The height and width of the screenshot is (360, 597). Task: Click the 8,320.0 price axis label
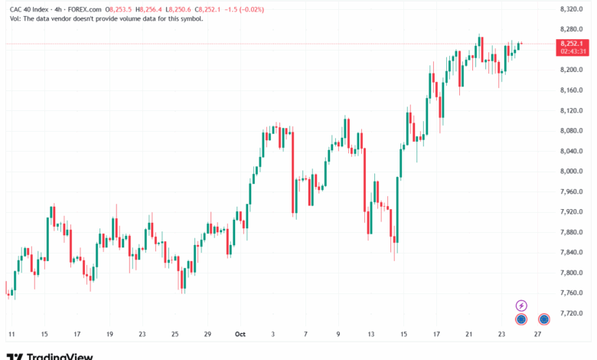click(x=572, y=9)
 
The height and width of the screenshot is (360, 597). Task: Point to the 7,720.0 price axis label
click(x=572, y=313)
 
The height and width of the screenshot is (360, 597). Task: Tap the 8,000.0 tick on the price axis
click(x=572, y=172)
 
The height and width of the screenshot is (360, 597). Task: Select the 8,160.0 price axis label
click(x=572, y=90)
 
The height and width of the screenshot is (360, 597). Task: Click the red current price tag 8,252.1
click(x=572, y=44)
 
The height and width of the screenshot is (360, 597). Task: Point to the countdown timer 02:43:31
click(x=573, y=51)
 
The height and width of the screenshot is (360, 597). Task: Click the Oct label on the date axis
click(x=240, y=334)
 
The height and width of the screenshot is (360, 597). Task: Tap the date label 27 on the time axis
click(x=537, y=334)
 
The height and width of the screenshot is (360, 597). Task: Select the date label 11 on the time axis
click(x=11, y=334)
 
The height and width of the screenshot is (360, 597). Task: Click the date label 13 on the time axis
click(x=371, y=334)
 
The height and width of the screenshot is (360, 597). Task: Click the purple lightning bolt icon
click(x=521, y=306)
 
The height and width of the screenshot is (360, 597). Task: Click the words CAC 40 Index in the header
click(x=29, y=9)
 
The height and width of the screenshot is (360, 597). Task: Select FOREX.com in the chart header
click(x=84, y=9)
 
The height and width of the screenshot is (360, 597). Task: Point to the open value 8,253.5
click(x=121, y=9)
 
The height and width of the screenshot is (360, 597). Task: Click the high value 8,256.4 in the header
click(x=151, y=9)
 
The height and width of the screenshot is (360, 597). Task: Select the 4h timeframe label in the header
click(x=58, y=9)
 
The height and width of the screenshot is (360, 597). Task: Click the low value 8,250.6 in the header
click(x=180, y=9)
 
